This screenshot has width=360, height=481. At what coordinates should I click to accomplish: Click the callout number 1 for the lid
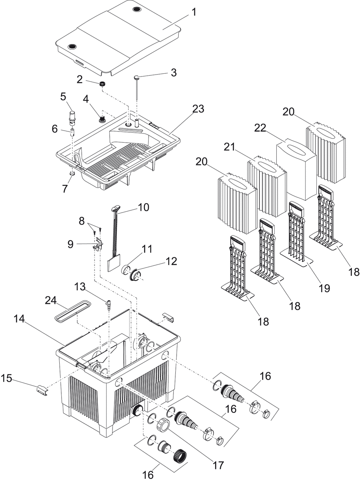[194, 12]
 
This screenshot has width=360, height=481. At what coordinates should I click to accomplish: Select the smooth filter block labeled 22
[297, 168]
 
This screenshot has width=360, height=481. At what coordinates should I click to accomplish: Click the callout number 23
[198, 109]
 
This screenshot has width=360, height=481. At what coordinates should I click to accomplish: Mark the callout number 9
[70, 244]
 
